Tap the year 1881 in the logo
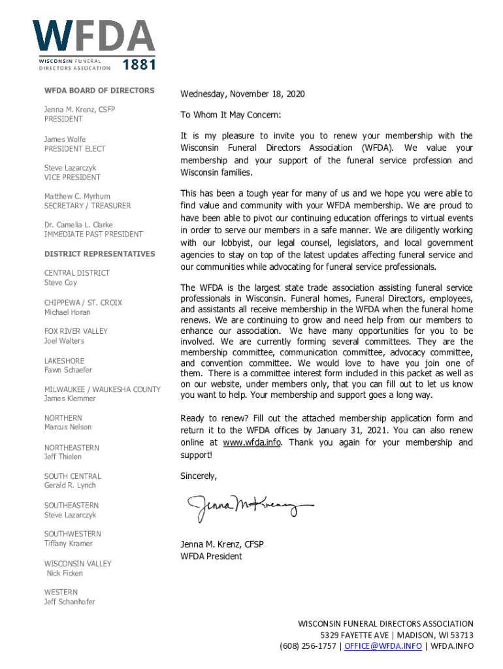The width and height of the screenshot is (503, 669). [x=139, y=65]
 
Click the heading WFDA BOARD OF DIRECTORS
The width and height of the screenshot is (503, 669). [x=99, y=90]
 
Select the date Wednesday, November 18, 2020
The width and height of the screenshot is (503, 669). [x=242, y=95]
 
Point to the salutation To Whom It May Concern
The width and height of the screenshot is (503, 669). [x=231, y=115]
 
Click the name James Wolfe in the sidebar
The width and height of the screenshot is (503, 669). [x=65, y=139]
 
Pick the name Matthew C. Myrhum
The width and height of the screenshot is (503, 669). [x=77, y=196]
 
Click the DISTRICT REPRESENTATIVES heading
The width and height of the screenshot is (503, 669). [x=99, y=253]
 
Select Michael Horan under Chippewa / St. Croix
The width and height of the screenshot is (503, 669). [x=67, y=312]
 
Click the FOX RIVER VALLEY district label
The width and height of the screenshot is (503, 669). [x=76, y=331]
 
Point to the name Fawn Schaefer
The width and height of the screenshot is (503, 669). [x=68, y=370]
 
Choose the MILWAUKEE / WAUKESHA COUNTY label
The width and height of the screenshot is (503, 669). [x=102, y=389]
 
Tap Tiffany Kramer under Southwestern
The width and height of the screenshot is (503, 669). [x=69, y=544]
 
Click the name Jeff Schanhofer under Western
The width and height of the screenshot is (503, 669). [x=69, y=602]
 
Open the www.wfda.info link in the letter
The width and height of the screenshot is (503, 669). [x=252, y=442]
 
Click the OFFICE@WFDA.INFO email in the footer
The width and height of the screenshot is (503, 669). [x=385, y=646]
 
